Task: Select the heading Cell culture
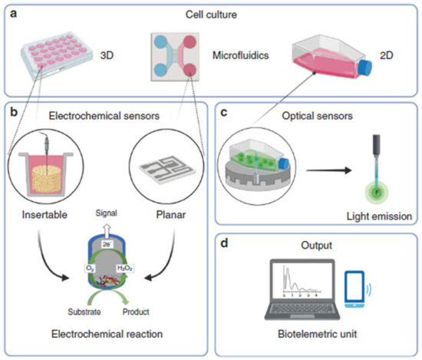pyautogui.click(x=210, y=13)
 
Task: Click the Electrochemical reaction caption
pyautogui.click(x=107, y=335)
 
